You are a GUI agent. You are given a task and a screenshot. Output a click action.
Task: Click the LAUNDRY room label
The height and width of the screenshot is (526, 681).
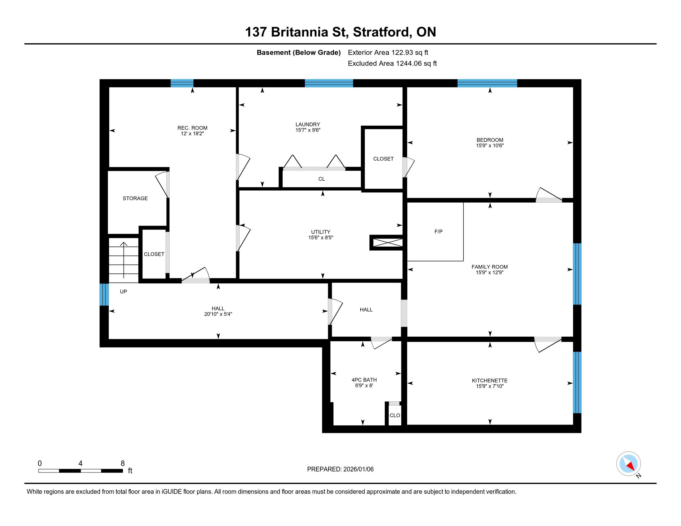point(308,124)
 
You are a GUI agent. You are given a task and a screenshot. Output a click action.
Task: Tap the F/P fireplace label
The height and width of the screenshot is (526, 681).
point(438,231)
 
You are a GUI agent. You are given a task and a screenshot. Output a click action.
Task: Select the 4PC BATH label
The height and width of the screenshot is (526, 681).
point(364,380)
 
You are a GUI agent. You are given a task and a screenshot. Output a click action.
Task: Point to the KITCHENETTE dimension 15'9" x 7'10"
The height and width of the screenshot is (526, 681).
point(490,386)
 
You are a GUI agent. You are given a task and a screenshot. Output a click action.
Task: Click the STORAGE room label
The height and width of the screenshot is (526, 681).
point(135,199)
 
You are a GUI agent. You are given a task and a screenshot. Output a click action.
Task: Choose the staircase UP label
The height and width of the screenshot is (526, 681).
point(124,292)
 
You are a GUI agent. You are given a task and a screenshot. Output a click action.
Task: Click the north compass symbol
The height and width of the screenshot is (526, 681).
point(629,464)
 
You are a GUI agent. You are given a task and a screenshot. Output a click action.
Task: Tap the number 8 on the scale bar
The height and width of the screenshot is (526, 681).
point(123,463)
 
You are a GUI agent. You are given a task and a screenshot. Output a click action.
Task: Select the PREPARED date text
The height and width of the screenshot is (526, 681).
point(340,469)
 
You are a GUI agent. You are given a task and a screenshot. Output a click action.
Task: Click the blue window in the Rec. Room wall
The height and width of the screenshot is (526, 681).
point(182,83)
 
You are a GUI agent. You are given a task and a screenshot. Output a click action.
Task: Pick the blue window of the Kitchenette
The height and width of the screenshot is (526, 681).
point(577,382)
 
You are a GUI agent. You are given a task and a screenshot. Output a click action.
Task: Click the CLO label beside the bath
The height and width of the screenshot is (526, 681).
point(395,415)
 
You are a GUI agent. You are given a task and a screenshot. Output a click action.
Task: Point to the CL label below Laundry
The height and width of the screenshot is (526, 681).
point(322,179)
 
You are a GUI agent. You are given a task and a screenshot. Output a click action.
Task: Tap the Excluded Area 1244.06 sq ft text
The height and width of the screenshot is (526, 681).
point(392,63)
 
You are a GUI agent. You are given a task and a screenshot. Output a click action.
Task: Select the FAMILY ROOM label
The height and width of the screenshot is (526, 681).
point(490,267)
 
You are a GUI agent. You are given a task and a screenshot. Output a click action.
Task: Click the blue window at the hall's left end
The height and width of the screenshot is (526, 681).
point(104,295)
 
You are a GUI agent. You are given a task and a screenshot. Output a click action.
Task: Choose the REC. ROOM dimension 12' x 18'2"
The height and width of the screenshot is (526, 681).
point(193,133)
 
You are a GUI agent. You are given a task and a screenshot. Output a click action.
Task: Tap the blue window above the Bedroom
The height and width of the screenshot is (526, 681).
point(487,83)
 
